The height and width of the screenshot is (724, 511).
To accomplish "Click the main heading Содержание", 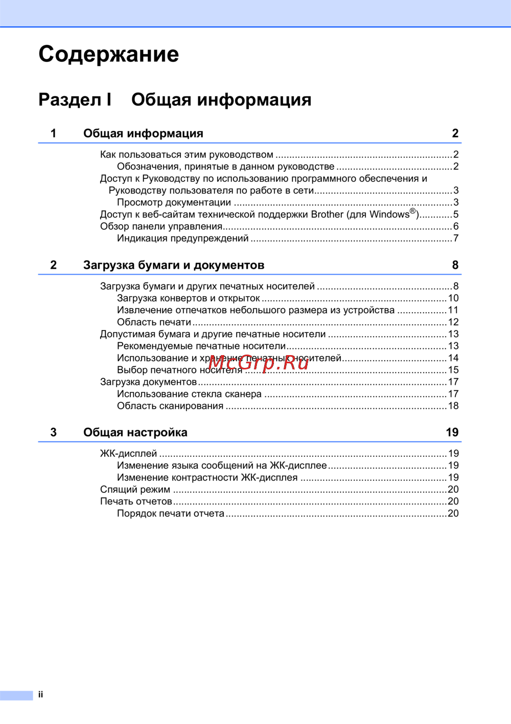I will pyautogui.click(x=108, y=54).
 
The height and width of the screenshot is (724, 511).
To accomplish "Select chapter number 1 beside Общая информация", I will pyautogui.click(x=53, y=134).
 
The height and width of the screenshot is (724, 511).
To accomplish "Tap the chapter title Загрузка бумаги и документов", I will pyautogui.click(x=174, y=265).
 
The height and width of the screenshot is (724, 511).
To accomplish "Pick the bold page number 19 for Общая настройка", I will pyautogui.click(x=452, y=432).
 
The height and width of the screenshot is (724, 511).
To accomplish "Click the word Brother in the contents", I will pyautogui.click(x=327, y=214).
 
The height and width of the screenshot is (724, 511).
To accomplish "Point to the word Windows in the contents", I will pyautogui.click(x=389, y=214).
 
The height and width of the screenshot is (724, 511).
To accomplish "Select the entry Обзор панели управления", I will pyautogui.click(x=161, y=226).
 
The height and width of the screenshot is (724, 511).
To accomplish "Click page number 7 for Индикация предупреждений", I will pyautogui.click(x=456, y=238).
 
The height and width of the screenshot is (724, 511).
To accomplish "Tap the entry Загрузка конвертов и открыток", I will pyautogui.click(x=188, y=298).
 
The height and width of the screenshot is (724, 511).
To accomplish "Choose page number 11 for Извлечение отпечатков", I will pyautogui.click(x=453, y=310).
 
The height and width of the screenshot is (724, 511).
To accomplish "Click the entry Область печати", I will pyautogui.click(x=154, y=322).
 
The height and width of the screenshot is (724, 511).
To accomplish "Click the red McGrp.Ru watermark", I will pyautogui.click(x=259, y=362).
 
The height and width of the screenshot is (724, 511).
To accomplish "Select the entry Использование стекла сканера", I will pyautogui.click(x=189, y=394).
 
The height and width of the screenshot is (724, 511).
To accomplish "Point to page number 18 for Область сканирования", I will pyautogui.click(x=453, y=406).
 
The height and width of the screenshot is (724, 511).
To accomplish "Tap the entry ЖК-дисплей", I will pyautogui.click(x=128, y=453).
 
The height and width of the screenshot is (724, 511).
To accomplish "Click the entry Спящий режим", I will pyautogui.click(x=135, y=490).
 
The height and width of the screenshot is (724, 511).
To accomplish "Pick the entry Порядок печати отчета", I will pyautogui.click(x=170, y=513).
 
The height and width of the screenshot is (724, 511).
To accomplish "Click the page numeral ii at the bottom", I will pyautogui.click(x=40, y=694).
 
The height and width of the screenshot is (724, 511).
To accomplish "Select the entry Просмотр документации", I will pyautogui.click(x=174, y=203).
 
